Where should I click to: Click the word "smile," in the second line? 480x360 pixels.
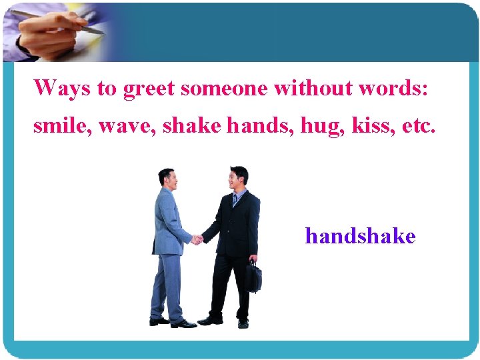61,126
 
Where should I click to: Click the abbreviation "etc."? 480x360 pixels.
419,126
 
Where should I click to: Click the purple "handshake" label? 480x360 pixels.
360,236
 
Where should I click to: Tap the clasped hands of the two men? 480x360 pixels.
197,239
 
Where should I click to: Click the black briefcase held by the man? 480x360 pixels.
253,276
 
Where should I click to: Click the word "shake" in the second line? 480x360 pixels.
198,126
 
